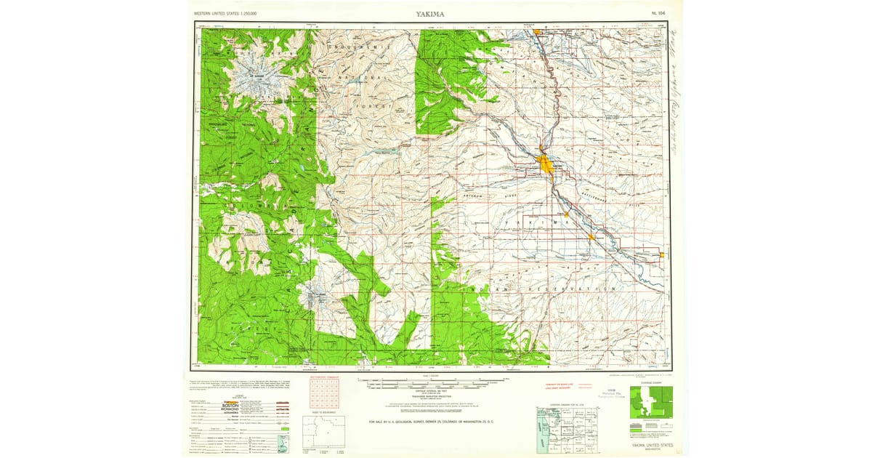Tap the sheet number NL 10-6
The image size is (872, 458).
click(x=658, y=14)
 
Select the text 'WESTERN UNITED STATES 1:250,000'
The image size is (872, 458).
click(x=235, y=14)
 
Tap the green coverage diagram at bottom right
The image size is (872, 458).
click(x=650, y=402)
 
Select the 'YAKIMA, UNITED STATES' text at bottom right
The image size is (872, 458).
click(x=652, y=444)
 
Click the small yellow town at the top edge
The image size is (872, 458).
click(x=538, y=32)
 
